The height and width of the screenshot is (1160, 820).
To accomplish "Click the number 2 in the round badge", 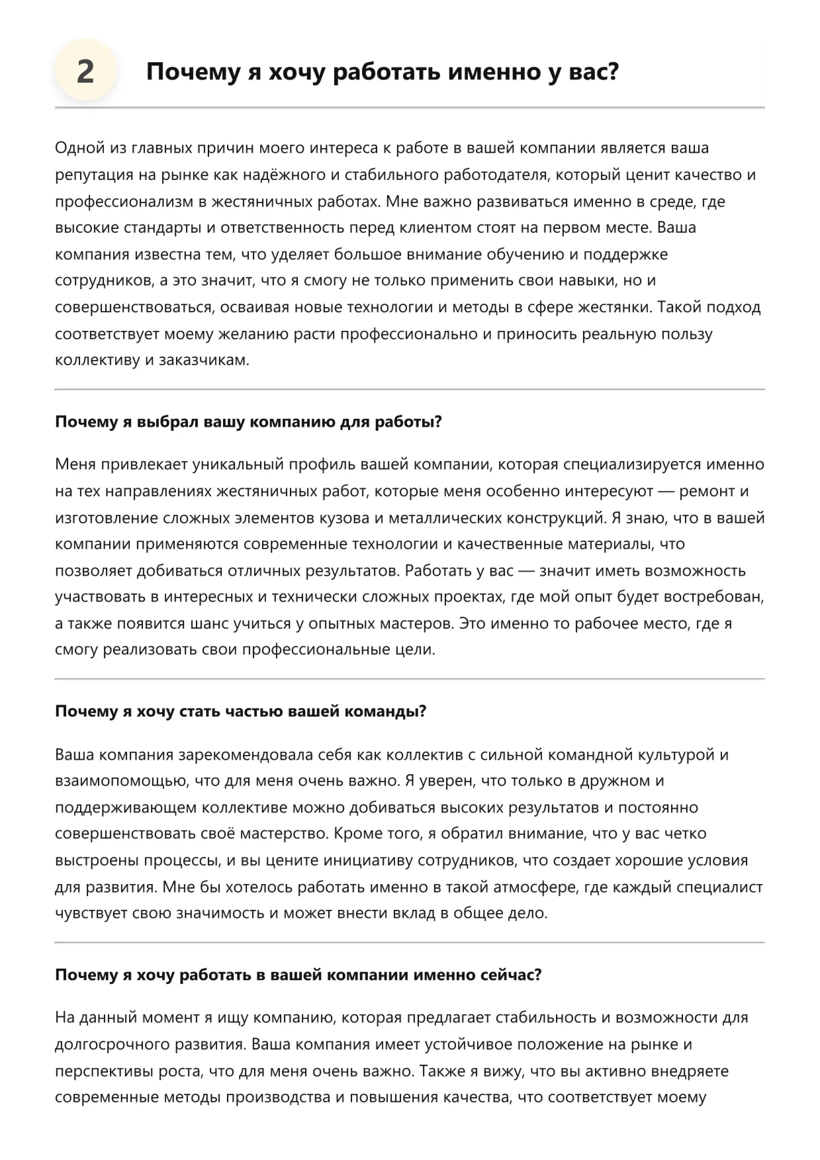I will (85, 71).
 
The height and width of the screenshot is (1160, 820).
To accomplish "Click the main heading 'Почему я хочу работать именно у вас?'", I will (382, 71).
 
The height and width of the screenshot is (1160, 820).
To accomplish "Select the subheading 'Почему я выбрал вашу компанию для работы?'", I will (248, 422).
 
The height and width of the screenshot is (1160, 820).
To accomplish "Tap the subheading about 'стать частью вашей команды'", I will (240, 711).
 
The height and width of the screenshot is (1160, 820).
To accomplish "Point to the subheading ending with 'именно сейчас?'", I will (298, 975).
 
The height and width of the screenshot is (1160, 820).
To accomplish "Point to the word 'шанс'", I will (210, 623).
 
